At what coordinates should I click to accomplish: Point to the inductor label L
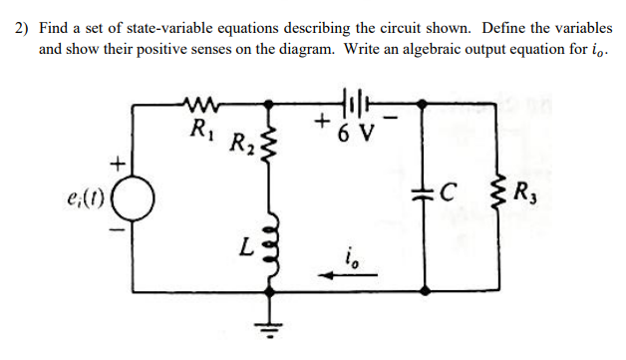click(x=246, y=243)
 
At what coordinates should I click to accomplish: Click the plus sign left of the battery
click(x=321, y=124)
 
